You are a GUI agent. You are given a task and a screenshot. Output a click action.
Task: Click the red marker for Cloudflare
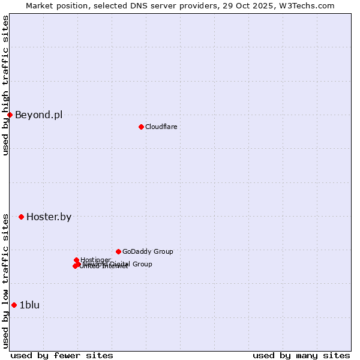click(x=141, y=127)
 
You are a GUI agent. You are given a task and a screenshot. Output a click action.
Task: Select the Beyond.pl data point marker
click(x=10, y=115)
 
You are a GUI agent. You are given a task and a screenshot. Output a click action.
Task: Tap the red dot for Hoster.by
click(x=21, y=217)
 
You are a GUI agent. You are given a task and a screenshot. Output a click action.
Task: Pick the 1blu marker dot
click(x=14, y=305)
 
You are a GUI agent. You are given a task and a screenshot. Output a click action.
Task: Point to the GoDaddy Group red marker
click(x=118, y=251)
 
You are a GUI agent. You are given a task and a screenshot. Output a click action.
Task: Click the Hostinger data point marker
click(x=77, y=260)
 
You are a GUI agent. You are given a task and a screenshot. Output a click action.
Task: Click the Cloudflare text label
click(x=161, y=127)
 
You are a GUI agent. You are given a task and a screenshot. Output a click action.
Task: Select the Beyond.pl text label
click(x=38, y=115)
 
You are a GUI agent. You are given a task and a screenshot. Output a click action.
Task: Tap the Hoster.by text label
click(x=49, y=217)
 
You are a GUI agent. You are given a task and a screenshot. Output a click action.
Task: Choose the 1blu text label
click(x=29, y=305)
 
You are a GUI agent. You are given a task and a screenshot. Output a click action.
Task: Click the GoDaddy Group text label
click(x=147, y=251)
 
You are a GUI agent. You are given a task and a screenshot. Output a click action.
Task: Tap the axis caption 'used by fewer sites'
click(x=61, y=355)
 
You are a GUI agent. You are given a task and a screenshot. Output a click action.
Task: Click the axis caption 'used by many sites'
click(x=301, y=355)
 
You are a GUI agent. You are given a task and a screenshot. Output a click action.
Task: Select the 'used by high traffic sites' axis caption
click(x=5, y=85)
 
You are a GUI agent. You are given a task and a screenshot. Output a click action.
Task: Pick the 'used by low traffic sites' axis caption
click(x=5, y=281)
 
